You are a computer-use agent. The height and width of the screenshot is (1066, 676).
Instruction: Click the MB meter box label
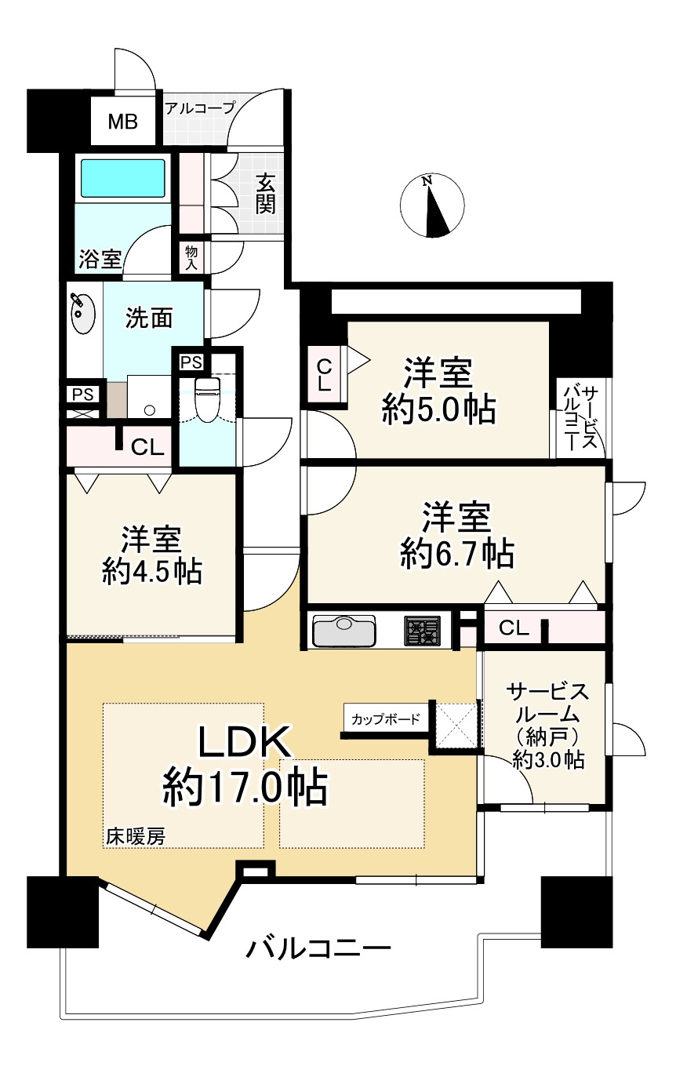click(x=122, y=122)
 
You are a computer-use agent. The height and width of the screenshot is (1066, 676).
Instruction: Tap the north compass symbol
click(x=429, y=206)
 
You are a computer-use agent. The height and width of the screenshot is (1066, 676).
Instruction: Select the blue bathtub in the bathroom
click(x=123, y=179)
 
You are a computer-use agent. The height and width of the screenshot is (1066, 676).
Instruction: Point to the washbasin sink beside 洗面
click(x=81, y=313)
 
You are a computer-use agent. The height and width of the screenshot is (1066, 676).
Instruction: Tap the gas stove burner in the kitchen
click(x=423, y=631)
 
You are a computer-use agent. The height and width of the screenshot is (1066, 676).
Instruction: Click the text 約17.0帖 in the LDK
click(x=245, y=787)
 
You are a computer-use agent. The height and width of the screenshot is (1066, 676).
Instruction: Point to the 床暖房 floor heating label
click(x=136, y=837)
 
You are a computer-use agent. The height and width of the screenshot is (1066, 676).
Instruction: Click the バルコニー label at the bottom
click(x=318, y=951)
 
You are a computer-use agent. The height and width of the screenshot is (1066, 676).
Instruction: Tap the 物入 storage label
click(x=191, y=256)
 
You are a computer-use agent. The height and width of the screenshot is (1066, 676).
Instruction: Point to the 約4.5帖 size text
click(x=152, y=571)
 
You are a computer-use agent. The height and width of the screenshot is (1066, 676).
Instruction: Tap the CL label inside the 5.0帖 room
click(x=323, y=376)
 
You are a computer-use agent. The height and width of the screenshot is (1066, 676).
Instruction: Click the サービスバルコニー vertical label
click(x=580, y=417)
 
